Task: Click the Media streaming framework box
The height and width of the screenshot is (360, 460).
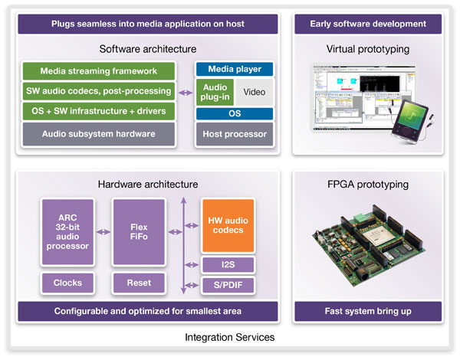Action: point(100,71)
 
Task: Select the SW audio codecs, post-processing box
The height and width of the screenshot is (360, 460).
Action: point(100,92)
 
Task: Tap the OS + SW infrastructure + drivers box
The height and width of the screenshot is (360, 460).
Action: point(100,113)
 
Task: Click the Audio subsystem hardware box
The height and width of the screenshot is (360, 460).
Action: point(100,134)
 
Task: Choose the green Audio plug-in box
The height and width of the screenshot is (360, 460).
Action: point(214,93)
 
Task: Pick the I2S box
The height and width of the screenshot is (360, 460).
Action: point(227,265)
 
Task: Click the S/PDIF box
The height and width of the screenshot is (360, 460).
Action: point(227,285)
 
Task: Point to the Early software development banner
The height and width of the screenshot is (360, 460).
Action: point(367,24)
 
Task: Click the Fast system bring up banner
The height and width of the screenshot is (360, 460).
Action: point(367,312)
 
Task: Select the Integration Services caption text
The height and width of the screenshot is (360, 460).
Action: point(229,338)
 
